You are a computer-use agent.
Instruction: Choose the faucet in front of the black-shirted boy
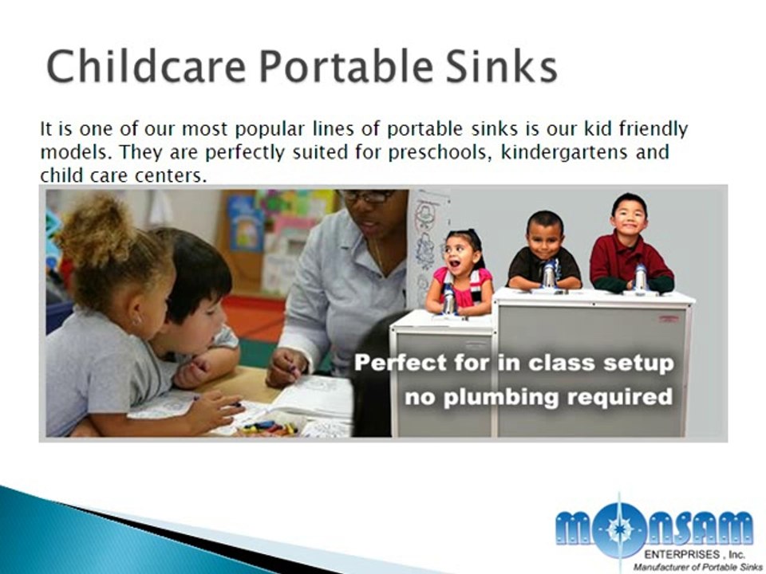tap(549, 273)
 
